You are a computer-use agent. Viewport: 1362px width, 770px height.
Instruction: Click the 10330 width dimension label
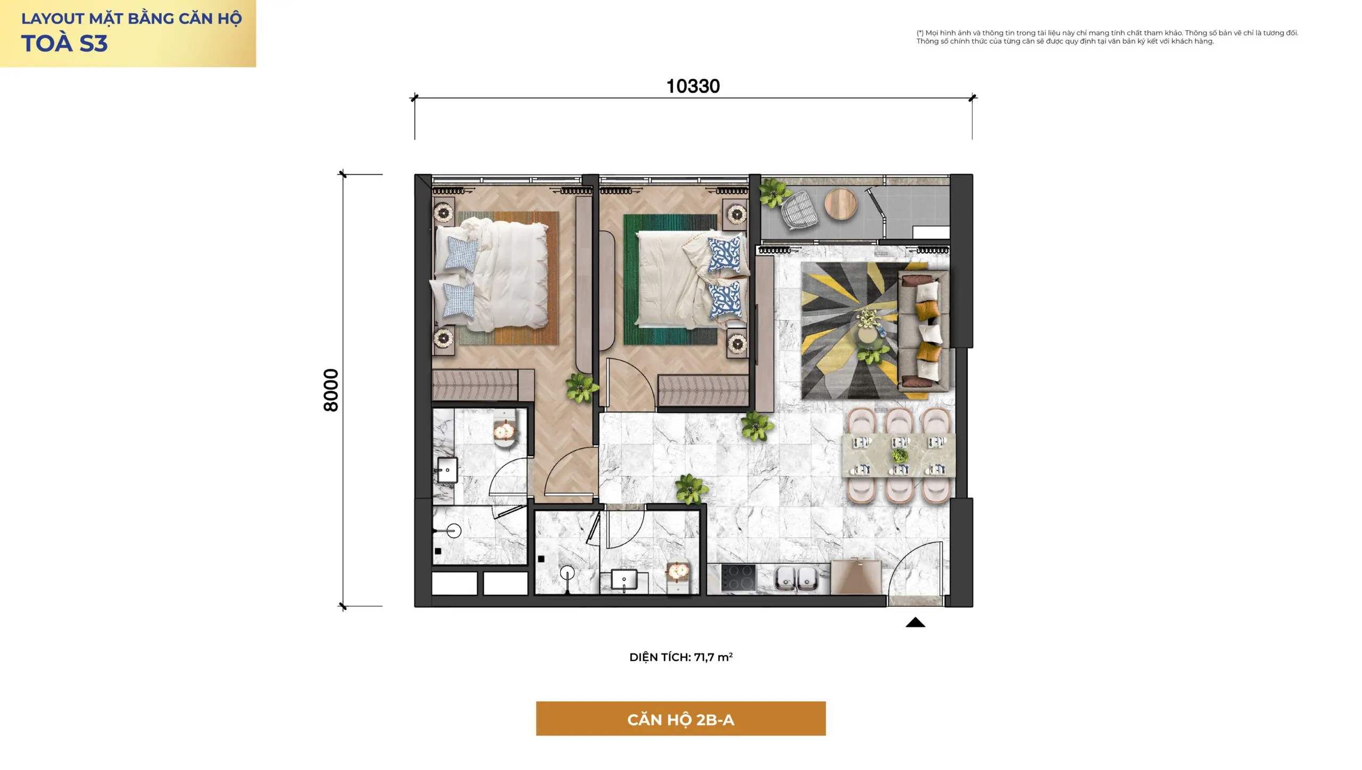693,86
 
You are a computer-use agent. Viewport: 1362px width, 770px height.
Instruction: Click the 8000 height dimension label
331,390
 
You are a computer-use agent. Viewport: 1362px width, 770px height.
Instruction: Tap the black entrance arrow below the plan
915,622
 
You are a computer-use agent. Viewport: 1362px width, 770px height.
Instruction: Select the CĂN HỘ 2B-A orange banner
680,718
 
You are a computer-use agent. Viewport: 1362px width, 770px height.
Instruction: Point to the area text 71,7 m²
713,657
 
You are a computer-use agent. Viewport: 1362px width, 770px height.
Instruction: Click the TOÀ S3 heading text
64,44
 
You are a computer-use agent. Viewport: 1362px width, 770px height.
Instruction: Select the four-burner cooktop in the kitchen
738,577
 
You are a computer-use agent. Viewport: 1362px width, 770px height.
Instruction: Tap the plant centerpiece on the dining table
900,456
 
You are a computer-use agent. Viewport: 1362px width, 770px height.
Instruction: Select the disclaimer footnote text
1107,37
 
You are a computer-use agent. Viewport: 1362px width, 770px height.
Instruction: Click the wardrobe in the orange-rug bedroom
475,385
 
